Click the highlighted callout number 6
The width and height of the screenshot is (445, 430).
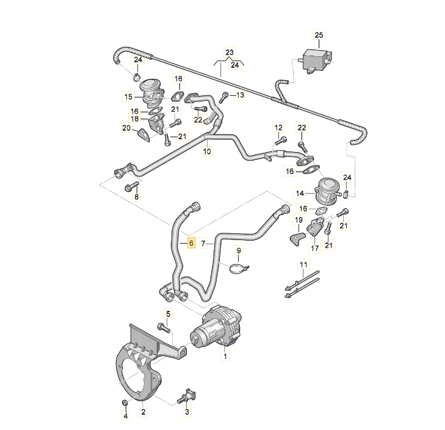pyautogui.click(x=190, y=243)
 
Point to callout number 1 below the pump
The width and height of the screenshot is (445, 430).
pyautogui.click(x=225, y=355)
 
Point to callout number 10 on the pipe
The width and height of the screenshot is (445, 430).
pyautogui.click(x=207, y=151)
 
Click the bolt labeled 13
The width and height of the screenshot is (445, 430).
pyautogui.click(x=225, y=95)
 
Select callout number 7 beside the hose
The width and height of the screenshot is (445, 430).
pyautogui.click(x=204, y=243)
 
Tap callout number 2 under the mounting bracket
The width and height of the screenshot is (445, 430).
pyautogui.click(x=143, y=412)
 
